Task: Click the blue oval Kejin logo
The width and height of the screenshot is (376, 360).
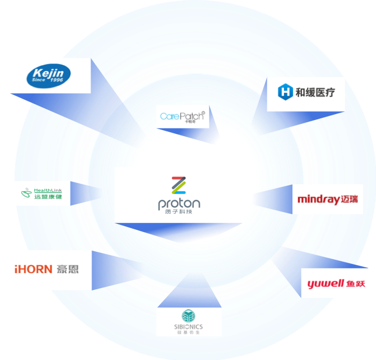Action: coord(49,76)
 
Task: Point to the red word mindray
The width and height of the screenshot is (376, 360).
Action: coord(318,200)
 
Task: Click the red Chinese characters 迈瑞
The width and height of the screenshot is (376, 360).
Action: coord(349,200)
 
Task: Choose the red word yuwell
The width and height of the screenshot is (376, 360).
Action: coord(325,284)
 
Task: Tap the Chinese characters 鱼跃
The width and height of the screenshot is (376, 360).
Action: coord(356,284)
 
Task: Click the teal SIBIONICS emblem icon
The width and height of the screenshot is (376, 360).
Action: coord(189,316)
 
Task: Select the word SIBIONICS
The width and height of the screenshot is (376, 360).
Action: coord(189,327)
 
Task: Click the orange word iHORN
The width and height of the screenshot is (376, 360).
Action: coord(33,269)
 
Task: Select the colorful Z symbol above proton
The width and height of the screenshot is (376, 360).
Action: coord(178,185)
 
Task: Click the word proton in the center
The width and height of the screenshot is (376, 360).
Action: coord(179,204)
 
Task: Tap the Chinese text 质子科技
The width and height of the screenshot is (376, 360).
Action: coord(179,213)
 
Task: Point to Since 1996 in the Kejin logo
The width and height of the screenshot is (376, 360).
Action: coord(49,82)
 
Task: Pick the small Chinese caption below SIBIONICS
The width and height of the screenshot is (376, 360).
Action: coord(189,333)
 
